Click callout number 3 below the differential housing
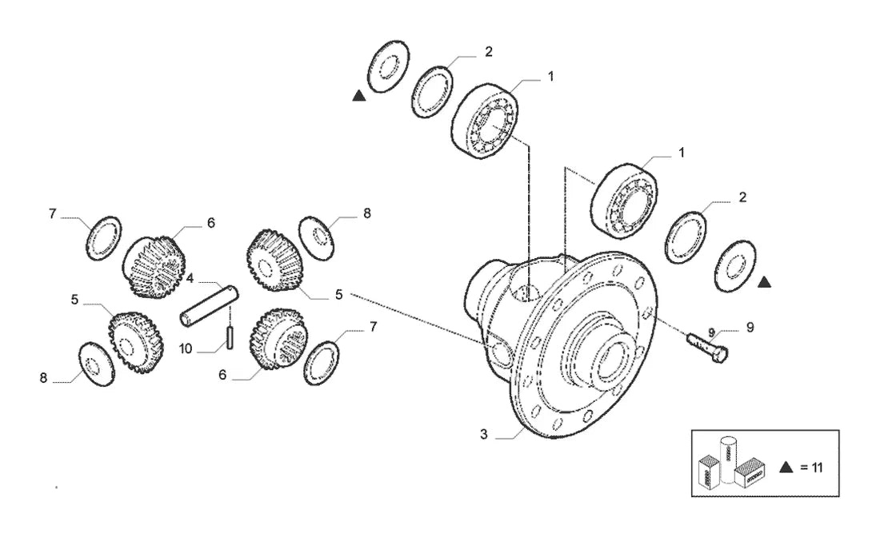tap(484, 435)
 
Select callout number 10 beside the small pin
tap(186, 348)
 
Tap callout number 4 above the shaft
tap(190, 278)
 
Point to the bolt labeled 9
tap(707, 347)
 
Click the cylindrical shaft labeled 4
tap(209, 305)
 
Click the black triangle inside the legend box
tap(786, 467)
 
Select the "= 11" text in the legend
tap(811, 467)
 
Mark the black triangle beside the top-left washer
tap(359, 96)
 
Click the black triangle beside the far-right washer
tap(764, 282)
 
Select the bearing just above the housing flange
tap(624, 200)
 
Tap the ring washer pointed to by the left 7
tap(104, 237)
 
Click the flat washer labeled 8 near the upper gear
tap(317, 238)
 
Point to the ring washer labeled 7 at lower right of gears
tap(322, 364)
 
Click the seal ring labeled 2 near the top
tap(432, 93)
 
